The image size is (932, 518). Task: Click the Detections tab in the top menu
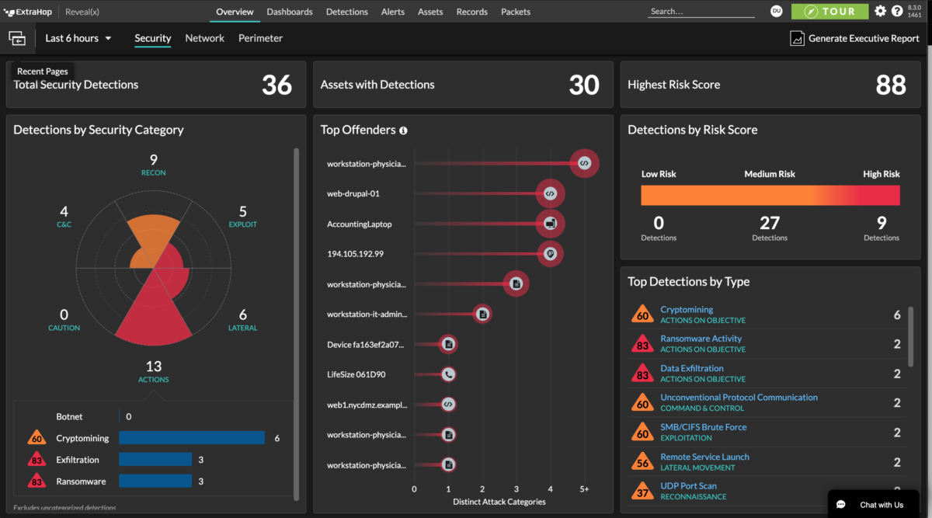346,12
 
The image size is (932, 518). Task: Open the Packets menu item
516,12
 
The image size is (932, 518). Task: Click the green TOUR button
829,12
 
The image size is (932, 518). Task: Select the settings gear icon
880,12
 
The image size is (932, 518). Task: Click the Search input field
701,12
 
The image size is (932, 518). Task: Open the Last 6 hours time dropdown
78,38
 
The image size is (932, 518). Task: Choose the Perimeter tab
260,38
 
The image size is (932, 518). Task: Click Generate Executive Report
854,38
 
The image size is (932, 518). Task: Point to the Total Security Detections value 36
276,85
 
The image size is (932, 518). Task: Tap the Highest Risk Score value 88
890,85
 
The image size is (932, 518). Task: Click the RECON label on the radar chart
154,172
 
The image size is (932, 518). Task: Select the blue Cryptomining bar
191,438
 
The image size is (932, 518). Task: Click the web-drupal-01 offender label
353,193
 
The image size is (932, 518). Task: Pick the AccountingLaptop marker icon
550,224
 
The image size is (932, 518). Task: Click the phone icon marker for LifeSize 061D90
448,374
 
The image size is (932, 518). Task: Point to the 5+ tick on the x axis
584,489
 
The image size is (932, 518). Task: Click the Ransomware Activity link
701,339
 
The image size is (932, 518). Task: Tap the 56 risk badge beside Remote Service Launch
642,462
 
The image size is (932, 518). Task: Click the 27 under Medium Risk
770,224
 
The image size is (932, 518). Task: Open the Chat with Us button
873,505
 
